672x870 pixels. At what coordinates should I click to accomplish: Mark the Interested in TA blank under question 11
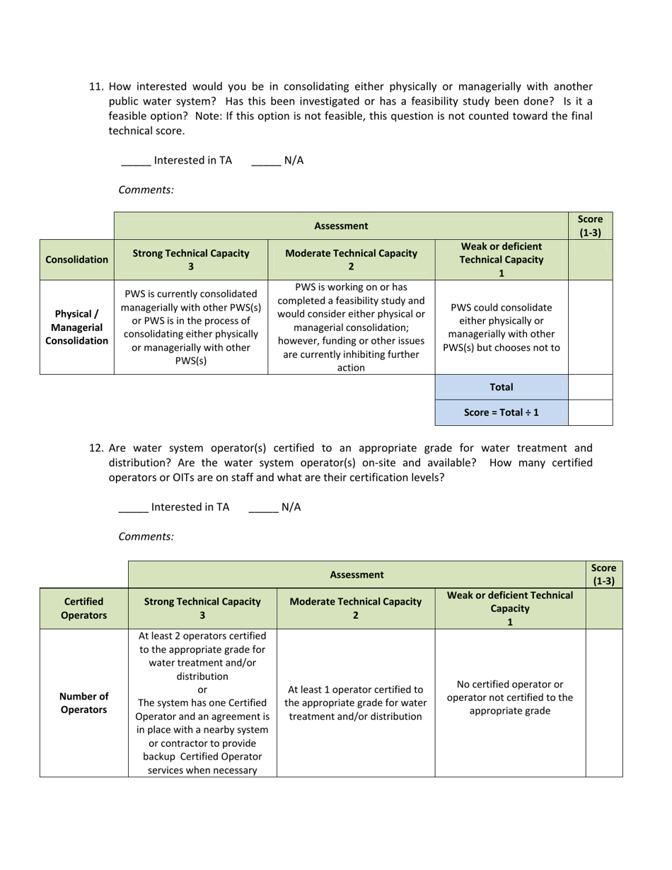tap(136, 161)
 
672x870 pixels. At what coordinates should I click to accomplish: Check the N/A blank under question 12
tap(263, 508)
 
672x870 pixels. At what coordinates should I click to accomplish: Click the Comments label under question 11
tap(146, 190)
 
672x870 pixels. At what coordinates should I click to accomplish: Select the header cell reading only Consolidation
tap(76, 260)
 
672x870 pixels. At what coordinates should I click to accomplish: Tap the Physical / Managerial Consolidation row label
tap(76, 327)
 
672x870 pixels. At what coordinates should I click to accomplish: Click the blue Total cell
tap(501, 387)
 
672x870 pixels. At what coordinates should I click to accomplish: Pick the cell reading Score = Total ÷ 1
tap(501, 412)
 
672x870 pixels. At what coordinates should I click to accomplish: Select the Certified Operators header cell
tap(83, 608)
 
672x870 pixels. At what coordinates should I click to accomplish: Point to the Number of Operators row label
tap(83, 702)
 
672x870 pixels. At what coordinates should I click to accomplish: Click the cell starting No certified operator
tap(510, 697)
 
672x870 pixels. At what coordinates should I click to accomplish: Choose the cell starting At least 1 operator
tap(355, 703)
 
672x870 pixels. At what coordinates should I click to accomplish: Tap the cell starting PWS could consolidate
tap(501, 327)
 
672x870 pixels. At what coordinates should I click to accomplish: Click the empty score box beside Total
tap(590, 387)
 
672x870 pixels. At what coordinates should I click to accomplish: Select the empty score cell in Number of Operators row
tap(604, 702)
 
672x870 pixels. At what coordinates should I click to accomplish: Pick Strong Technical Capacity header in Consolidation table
tap(191, 260)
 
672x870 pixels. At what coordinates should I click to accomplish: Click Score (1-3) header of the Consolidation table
tap(590, 226)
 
